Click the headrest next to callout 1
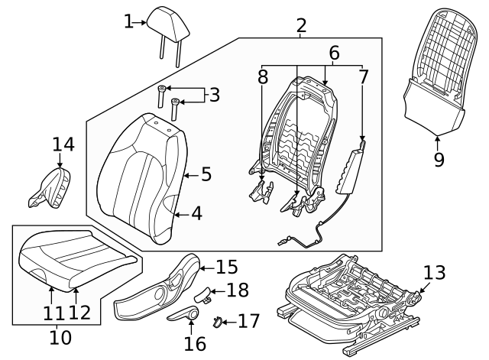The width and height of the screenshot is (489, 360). (170, 24)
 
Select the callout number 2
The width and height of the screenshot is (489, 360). (301, 25)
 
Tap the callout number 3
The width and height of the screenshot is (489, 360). (214, 96)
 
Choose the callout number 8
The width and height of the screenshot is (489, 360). (263, 76)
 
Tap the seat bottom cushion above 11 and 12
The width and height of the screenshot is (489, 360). (76, 256)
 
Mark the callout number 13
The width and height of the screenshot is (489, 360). (433, 272)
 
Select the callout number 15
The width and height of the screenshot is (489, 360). (226, 267)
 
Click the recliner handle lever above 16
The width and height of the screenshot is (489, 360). (183, 314)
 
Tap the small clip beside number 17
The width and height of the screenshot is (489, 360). (217, 322)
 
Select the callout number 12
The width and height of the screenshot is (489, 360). (79, 312)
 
